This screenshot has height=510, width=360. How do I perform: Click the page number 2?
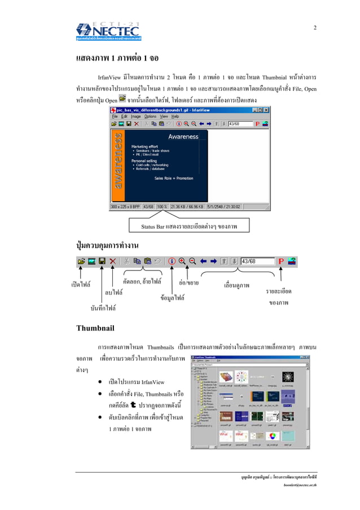click(x=315, y=28)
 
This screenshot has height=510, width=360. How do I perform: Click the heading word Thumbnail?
click(x=95, y=328)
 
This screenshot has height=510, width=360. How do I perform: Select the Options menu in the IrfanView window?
click(x=150, y=116)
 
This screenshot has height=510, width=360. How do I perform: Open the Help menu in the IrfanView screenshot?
click(x=175, y=116)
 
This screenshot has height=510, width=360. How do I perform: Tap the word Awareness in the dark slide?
click(x=183, y=137)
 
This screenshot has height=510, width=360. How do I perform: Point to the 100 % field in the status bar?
click(x=162, y=206)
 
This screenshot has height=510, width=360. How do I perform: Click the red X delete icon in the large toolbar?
click(x=113, y=261)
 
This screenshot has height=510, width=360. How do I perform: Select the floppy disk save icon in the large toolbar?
click(x=102, y=261)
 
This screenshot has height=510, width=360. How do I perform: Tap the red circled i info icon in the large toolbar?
click(x=172, y=261)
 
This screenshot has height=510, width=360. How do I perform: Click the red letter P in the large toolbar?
click(x=281, y=261)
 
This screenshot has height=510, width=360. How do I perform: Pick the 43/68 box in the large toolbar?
click(x=257, y=261)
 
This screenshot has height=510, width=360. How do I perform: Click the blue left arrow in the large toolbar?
click(x=204, y=261)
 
